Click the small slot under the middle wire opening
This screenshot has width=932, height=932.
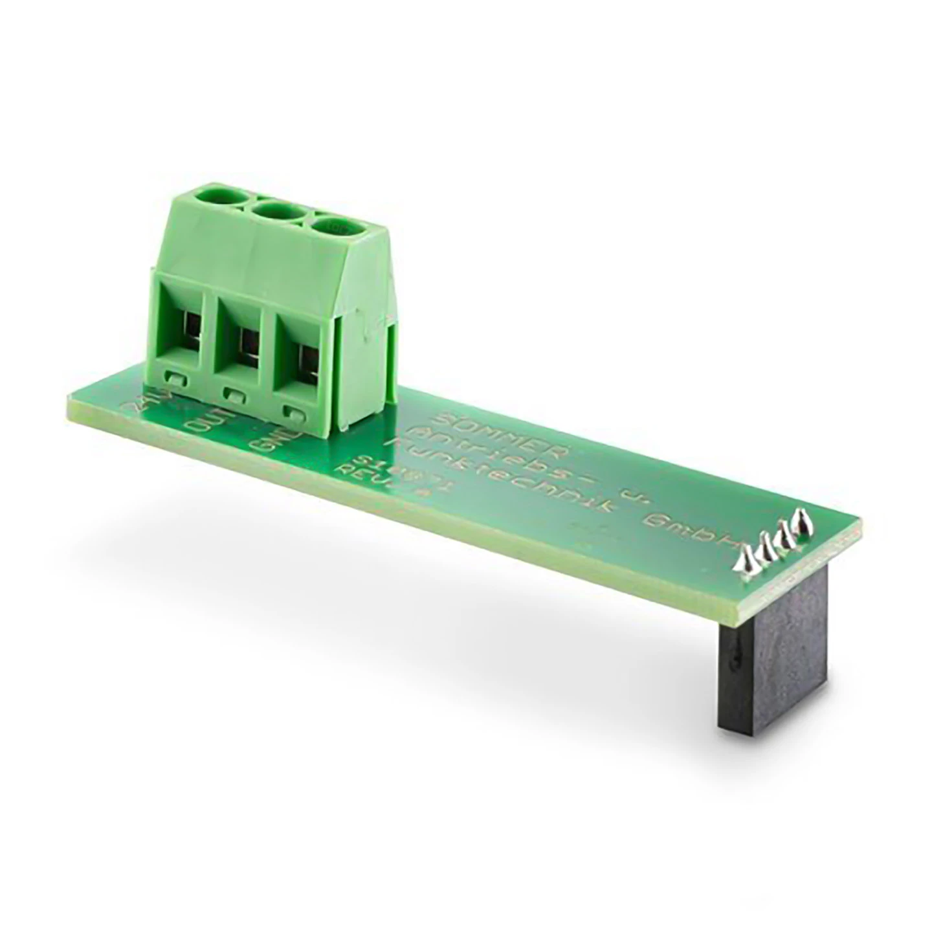pyautogui.click(x=235, y=393)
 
